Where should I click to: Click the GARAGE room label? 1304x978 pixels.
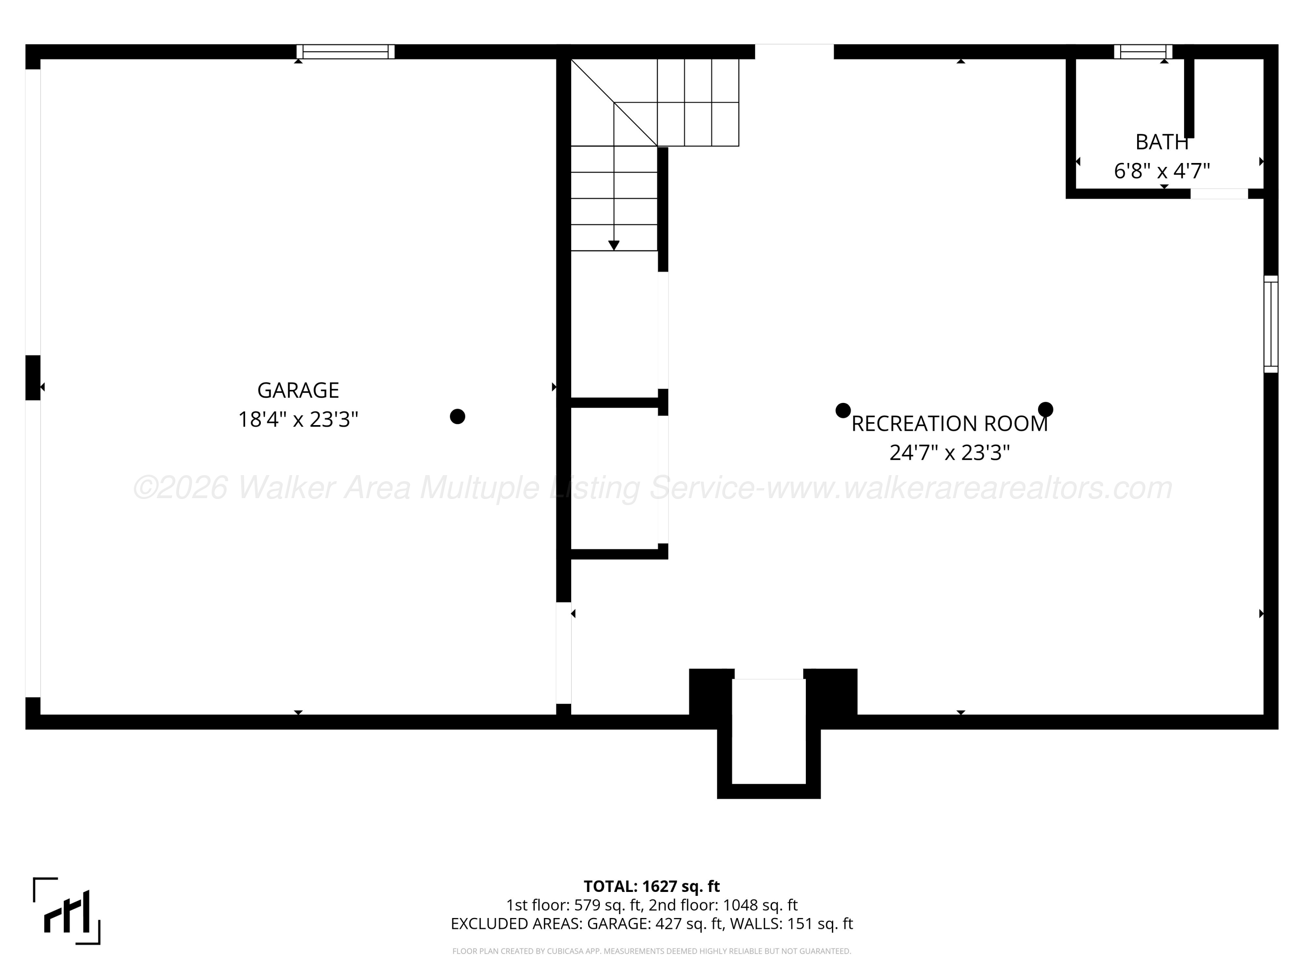pos(298,390)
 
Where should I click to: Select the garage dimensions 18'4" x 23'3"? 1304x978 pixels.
pos(298,420)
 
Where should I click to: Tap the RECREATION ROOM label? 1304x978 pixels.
pos(950,424)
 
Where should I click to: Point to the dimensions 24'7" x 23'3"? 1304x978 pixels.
pos(950,453)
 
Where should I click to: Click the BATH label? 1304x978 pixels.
pos(1162,142)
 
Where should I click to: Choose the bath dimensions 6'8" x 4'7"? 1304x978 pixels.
pos(1162,171)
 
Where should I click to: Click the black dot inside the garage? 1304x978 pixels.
pos(457,417)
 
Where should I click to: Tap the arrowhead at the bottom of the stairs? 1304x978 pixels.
pos(614,245)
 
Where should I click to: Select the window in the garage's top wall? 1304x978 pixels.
pos(346,52)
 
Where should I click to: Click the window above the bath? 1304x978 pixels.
pos(1143,52)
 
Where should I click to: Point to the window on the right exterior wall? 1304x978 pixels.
pos(1271,324)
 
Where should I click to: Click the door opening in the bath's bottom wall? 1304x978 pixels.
pos(1219,193)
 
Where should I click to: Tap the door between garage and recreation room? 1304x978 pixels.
pos(564,652)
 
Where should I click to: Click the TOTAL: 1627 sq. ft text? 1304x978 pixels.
pos(652,886)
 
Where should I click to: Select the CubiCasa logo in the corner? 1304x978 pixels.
pos(67,911)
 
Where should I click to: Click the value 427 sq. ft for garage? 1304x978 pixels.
pos(689,924)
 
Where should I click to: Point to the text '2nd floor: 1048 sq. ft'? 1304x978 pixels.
pos(723,905)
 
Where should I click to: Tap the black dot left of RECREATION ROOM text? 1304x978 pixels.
pos(843,410)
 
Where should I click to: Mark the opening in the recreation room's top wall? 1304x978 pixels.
pos(795,52)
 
